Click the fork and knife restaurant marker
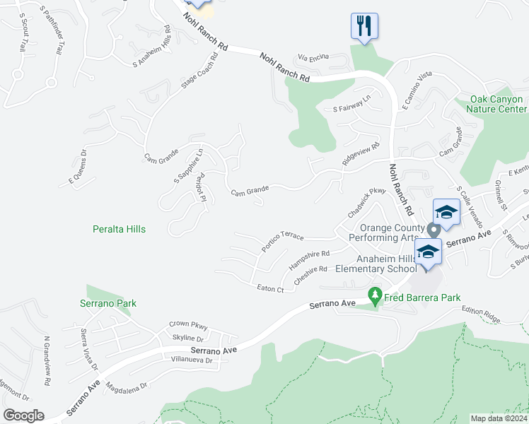(364, 27)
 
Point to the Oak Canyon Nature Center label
(499, 104)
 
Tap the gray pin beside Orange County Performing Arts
(434, 230)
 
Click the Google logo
(23, 416)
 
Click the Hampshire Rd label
(310, 259)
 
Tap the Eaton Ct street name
(270, 288)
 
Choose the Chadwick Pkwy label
(366, 202)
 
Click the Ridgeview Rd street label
(361, 154)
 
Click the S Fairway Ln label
(351, 105)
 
